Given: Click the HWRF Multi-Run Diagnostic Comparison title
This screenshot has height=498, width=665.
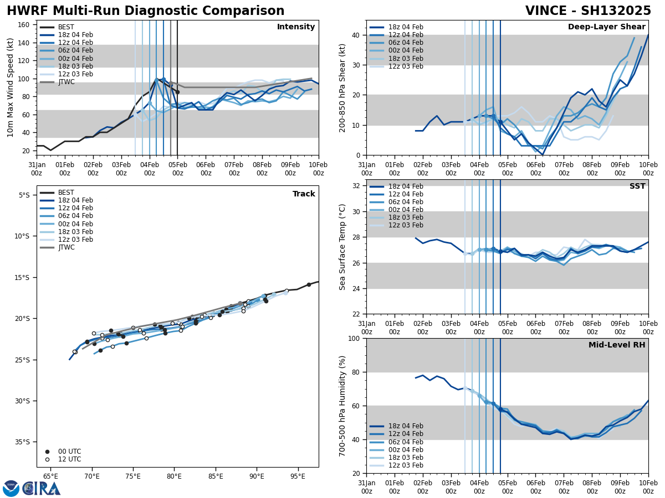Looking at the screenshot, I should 145,11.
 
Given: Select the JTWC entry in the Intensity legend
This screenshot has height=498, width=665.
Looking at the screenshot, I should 66,82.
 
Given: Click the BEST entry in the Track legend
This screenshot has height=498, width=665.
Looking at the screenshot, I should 66,193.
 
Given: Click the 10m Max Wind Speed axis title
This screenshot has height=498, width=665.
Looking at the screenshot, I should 11,87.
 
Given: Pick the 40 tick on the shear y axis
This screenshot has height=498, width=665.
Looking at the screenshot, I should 356,35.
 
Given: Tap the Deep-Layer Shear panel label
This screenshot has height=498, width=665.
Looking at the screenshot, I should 606,27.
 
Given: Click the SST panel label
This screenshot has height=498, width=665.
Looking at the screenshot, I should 637,186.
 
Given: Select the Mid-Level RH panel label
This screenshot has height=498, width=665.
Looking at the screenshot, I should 617,345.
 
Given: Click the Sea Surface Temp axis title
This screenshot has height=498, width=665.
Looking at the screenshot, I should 342,247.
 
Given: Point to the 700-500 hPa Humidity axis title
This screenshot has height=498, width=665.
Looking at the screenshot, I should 342,406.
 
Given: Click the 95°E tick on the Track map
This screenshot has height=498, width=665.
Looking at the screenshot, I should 298,476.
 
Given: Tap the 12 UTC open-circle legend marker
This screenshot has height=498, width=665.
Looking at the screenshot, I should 47,459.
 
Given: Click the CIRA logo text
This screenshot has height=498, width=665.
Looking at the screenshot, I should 42,489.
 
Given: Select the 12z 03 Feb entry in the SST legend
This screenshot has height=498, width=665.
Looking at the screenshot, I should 406,225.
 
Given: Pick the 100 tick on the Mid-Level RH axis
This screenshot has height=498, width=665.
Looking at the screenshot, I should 354,339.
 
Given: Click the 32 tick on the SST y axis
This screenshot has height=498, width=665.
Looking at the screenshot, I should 356,186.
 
